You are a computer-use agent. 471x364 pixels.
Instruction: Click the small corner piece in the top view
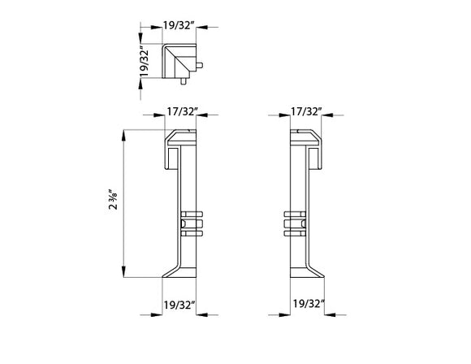[179, 64]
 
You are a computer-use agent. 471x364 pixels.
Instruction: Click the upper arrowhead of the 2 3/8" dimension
[124, 132]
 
